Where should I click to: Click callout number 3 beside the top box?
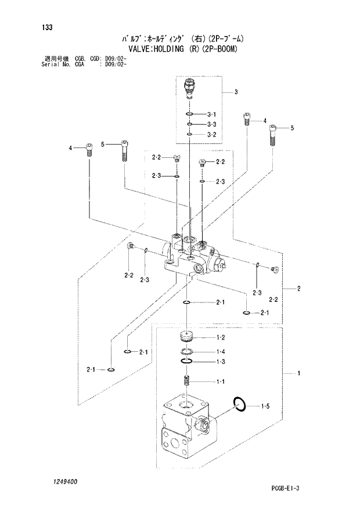point(236,92)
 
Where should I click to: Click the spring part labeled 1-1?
point(187,381)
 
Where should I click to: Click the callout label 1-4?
point(221,352)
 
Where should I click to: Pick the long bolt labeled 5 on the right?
point(273,135)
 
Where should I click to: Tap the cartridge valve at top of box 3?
point(189,88)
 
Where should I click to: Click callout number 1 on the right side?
point(298,373)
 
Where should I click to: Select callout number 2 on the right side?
point(298,289)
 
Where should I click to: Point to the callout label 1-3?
point(221,362)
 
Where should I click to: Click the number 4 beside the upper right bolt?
point(265,121)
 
